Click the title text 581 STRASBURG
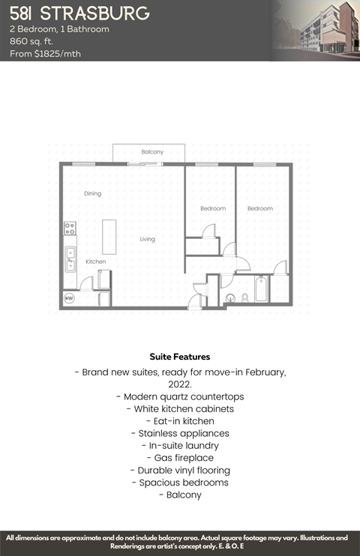coord(79,13)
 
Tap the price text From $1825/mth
coord(45,53)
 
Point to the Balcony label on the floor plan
coord(152,152)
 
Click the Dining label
coord(92,193)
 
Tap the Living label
coord(147,239)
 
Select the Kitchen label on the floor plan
coord(95,262)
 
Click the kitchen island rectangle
coord(110,236)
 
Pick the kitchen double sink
coord(70,259)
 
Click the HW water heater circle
coord(70,298)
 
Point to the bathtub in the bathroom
coord(260,289)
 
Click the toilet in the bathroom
coord(244,297)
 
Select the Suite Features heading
coord(180,357)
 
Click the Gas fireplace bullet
coord(180,457)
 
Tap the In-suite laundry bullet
coord(180,445)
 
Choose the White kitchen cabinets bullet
coord(180,409)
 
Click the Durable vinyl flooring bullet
coord(180,470)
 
